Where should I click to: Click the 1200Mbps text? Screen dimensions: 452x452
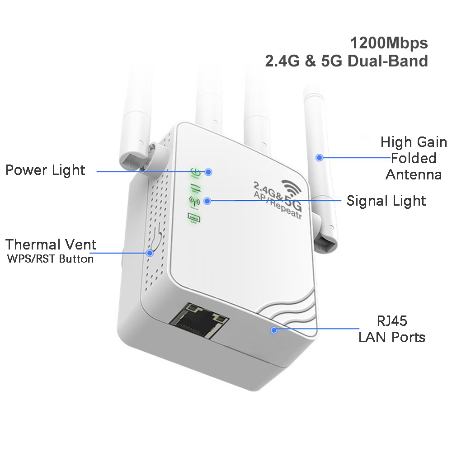[389, 43]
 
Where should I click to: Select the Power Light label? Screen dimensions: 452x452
[45, 170]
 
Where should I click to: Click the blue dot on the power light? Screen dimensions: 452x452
[208, 172]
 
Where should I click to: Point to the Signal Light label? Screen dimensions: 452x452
[386, 201]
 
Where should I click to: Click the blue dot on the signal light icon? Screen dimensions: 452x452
[207, 200]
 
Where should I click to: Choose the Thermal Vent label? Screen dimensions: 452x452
[51, 245]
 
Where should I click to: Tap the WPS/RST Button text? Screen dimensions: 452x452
[51, 259]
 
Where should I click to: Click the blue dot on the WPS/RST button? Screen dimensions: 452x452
[150, 253]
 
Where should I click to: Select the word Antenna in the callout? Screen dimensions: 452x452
[414, 175]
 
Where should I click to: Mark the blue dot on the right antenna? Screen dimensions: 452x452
[320, 158]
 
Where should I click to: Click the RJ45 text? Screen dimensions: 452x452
[392, 321]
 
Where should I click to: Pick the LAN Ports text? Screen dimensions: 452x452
[392, 337]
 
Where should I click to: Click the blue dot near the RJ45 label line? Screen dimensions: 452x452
[273, 330]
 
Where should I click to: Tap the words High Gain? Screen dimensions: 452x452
[414, 142]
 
